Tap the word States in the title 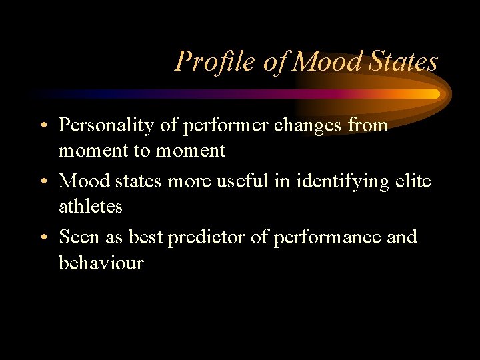[x=402, y=61]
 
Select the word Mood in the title [x=325, y=61]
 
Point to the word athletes [x=91, y=207]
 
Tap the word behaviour [x=101, y=263]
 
